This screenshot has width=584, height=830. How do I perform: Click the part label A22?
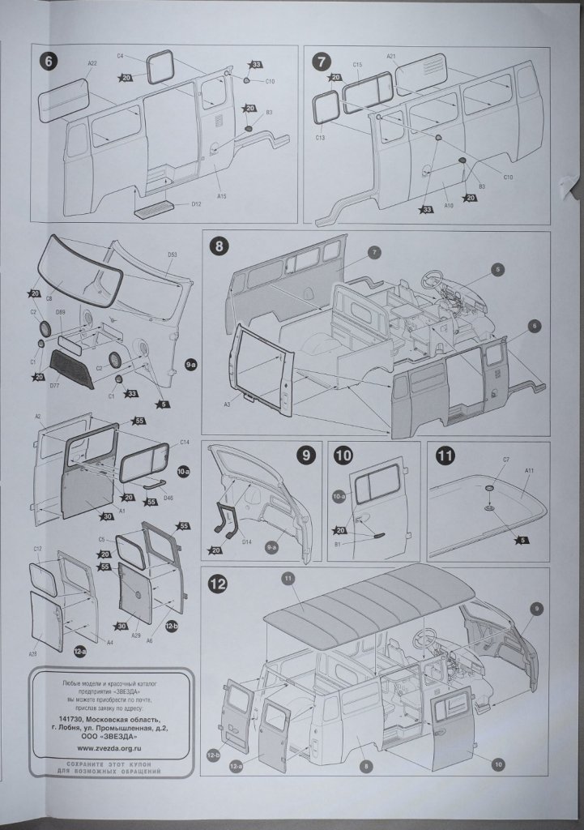(x=92, y=62)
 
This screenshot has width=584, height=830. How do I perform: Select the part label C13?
(x=320, y=138)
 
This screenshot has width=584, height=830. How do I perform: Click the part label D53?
(x=173, y=255)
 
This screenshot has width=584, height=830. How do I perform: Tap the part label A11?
(x=529, y=471)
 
